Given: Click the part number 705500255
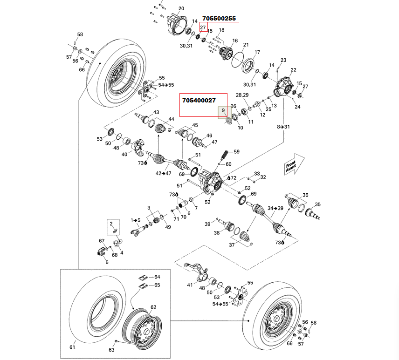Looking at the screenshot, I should (x=219, y=19).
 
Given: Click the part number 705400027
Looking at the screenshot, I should (x=199, y=100).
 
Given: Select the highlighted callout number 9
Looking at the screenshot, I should (x=224, y=110).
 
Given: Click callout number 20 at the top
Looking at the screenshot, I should (x=181, y=8).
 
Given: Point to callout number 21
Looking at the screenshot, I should (x=246, y=45).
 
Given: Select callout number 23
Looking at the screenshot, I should (x=283, y=61).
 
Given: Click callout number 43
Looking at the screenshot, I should (x=156, y=113).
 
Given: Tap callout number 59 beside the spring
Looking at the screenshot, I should (x=236, y=152).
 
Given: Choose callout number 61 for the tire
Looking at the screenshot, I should (x=72, y=347).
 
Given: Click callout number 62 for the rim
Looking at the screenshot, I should (x=153, y=307).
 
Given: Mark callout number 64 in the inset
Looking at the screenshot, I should (x=157, y=277).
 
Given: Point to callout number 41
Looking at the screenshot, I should (x=190, y=285).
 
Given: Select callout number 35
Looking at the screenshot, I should (x=317, y=204).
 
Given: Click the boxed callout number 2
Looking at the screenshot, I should (x=111, y=224).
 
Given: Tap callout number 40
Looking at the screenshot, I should (x=124, y=154).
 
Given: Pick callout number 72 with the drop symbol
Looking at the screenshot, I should (x=233, y=178).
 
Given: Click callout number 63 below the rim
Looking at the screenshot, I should (x=111, y=350).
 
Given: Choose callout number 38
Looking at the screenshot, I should (x=217, y=233).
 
